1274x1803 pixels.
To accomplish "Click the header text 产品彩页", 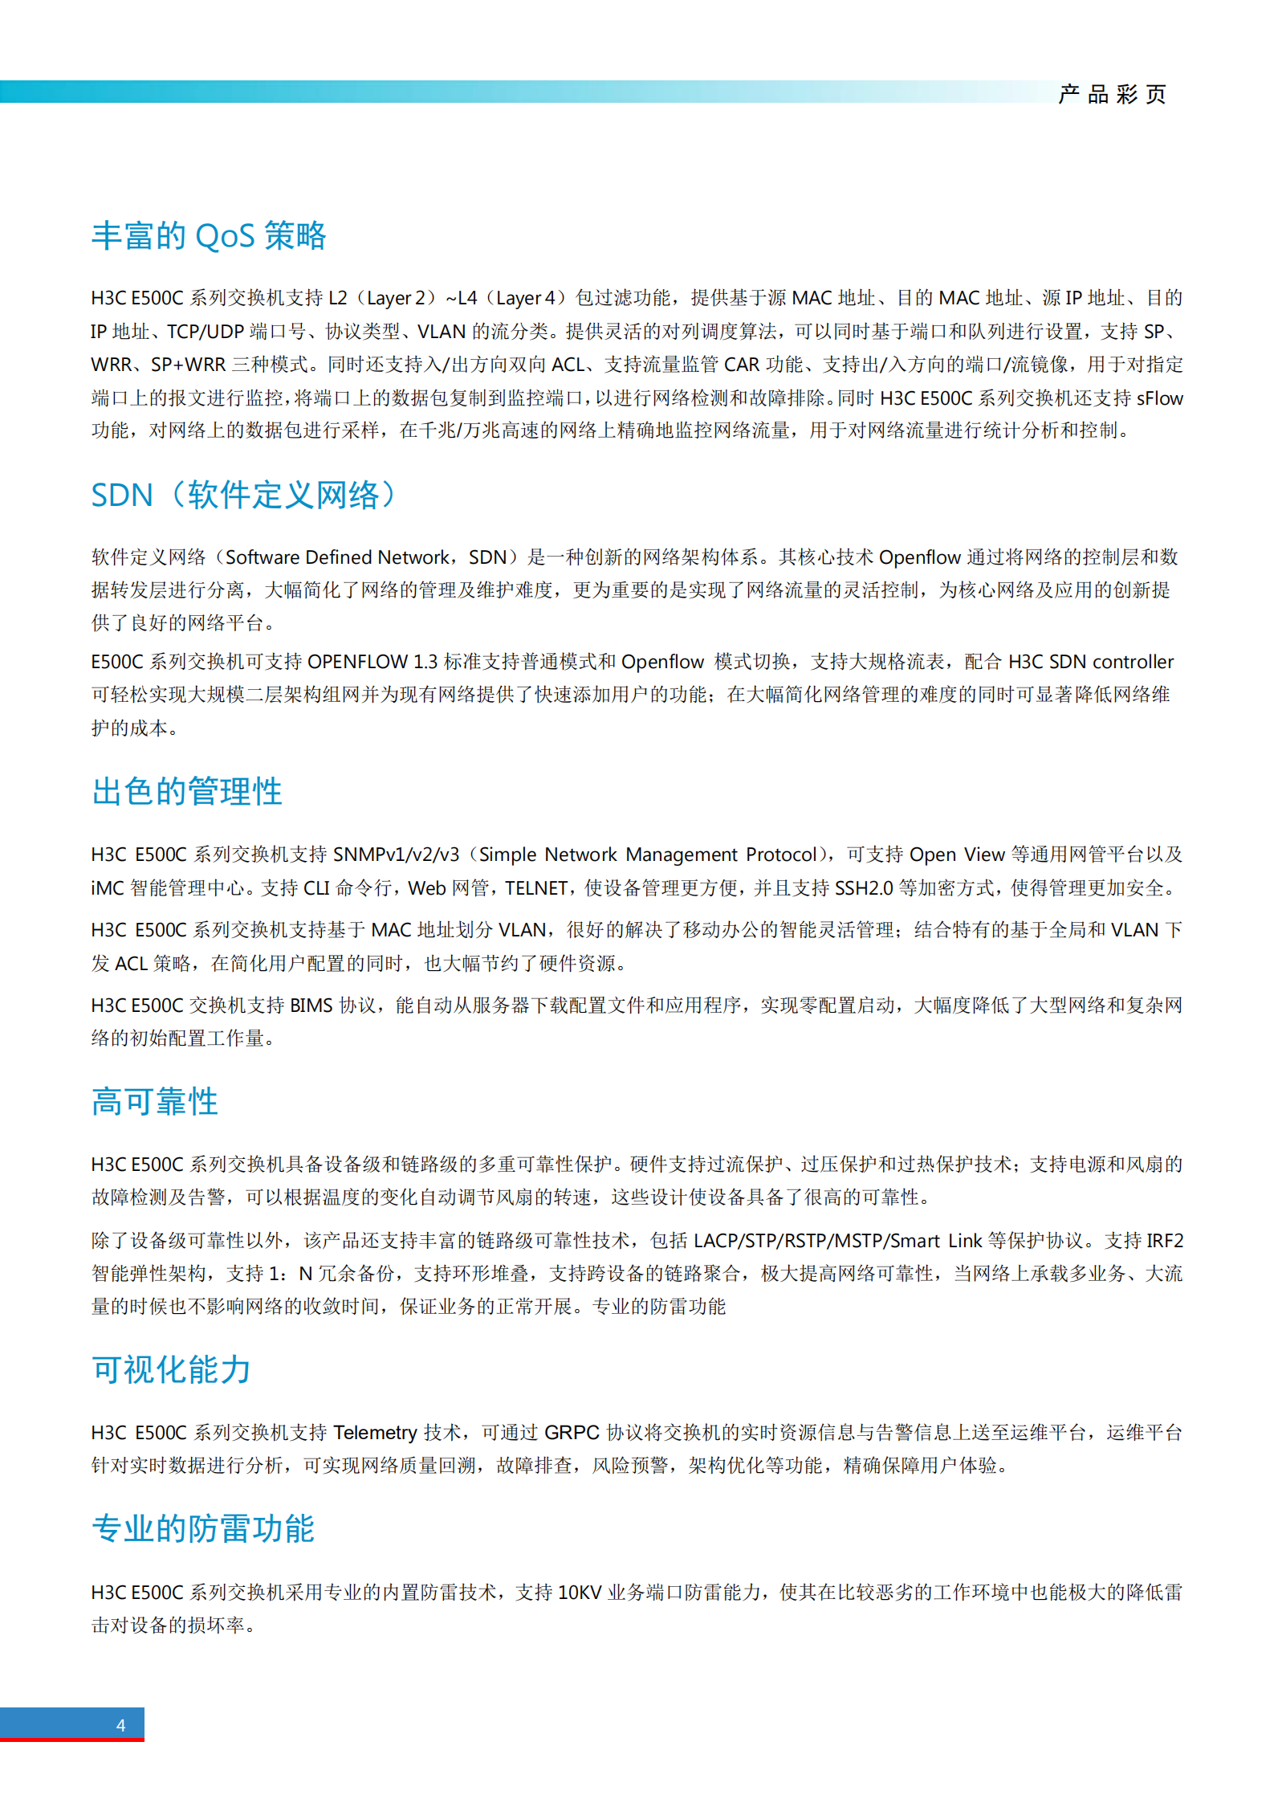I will (x=1112, y=94).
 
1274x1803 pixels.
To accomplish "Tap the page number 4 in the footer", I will (x=120, y=1724).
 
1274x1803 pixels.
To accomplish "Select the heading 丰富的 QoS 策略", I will (x=209, y=235).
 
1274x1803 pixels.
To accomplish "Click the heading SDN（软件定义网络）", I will (x=244, y=495).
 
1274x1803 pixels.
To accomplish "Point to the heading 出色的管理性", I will (x=187, y=791).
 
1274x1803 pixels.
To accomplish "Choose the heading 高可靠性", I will (x=155, y=1101).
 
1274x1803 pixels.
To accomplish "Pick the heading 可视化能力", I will (x=171, y=1369).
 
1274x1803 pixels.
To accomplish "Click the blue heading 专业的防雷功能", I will (x=203, y=1528).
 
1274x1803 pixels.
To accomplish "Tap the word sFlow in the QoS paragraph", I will (x=1159, y=398).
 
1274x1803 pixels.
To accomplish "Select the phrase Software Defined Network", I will (x=337, y=557).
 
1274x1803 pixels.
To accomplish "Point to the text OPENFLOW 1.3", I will (x=372, y=662).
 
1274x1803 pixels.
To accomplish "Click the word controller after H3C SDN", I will (x=1133, y=662).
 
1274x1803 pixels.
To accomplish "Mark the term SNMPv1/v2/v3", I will (x=396, y=855).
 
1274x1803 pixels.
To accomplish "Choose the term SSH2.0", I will (x=864, y=888).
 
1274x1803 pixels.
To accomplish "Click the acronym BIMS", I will (x=311, y=1006).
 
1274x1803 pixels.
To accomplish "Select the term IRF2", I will (x=1165, y=1241).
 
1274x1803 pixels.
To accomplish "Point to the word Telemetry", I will (x=375, y=1433).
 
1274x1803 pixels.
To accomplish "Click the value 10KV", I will (x=580, y=1593).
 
